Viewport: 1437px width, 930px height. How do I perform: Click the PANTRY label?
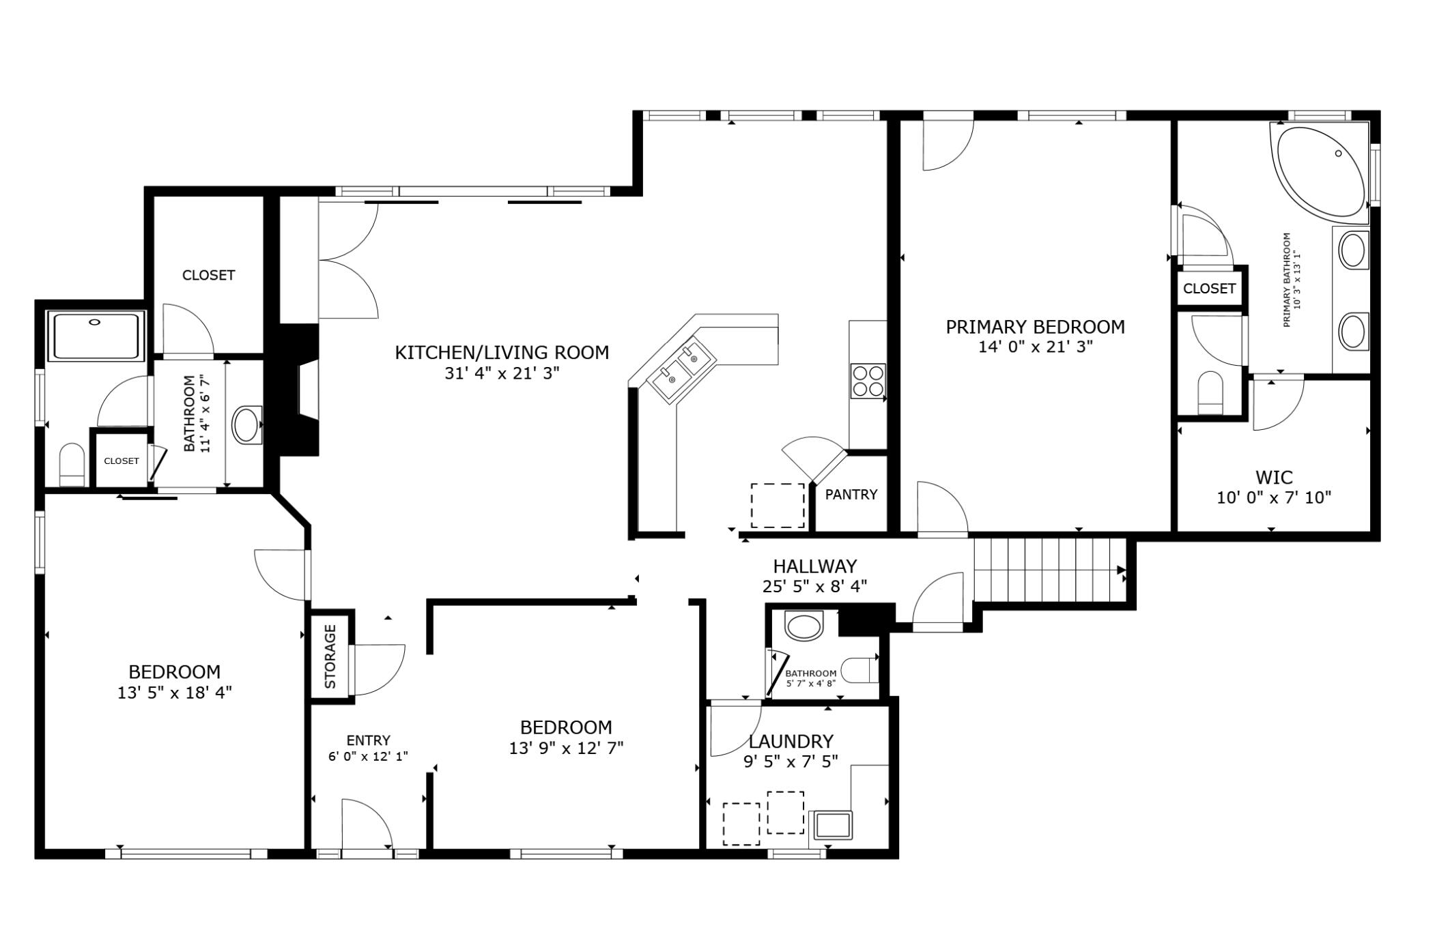(851, 494)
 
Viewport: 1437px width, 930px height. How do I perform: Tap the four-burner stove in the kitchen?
(868, 381)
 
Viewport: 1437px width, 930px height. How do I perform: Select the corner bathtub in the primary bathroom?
(1319, 172)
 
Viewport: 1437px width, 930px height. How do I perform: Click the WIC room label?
(1274, 477)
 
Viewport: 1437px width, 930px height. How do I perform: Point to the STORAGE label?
(330, 656)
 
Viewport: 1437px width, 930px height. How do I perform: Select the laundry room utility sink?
(831, 825)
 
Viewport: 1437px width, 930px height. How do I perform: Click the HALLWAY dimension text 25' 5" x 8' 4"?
(814, 586)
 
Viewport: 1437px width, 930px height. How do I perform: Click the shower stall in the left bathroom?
(96, 336)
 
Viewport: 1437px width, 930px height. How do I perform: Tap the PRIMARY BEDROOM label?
(1035, 327)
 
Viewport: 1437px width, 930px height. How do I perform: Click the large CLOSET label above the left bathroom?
(208, 275)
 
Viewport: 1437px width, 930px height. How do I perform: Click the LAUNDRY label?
(791, 741)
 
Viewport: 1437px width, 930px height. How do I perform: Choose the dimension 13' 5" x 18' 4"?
(175, 693)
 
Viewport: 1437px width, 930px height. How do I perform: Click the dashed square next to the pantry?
(778, 506)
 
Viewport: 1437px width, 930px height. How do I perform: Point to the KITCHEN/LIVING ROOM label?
(502, 353)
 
